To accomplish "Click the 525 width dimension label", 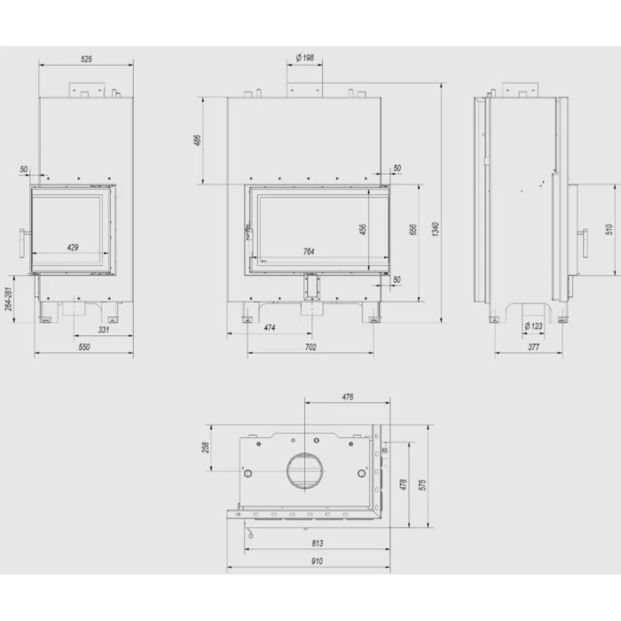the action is click(86, 59).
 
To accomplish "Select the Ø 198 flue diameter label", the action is click(305, 58).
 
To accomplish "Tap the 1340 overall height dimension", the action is click(436, 229).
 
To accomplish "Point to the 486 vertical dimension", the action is click(197, 140).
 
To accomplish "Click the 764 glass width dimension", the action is click(309, 251).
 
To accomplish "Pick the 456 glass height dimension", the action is click(363, 229).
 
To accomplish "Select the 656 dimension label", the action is click(413, 229).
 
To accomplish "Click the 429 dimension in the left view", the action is click(73, 248).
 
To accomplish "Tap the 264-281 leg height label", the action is click(9, 299).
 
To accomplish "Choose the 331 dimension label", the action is click(104, 329).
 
